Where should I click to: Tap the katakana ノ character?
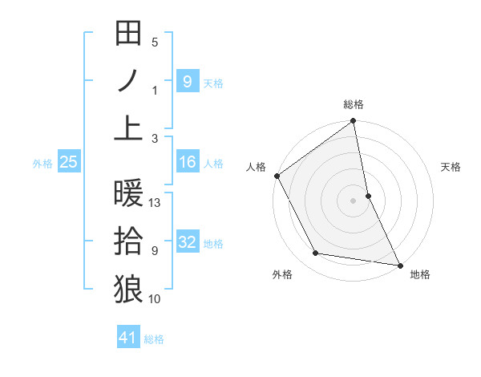point(128,80)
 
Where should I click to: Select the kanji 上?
point(128,127)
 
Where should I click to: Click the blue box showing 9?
point(187,81)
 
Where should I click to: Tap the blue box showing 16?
point(187,163)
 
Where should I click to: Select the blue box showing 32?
point(187,242)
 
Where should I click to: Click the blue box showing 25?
point(68,163)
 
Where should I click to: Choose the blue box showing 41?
point(129,338)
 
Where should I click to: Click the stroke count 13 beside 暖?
point(156,203)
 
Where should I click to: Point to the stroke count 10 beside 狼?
point(155,299)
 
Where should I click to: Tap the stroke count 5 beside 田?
point(155,43)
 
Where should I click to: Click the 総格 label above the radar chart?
point(354,104)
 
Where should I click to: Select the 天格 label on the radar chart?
point(451,167)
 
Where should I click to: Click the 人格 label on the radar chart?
point(256,167)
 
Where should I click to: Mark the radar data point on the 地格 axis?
point(398,264)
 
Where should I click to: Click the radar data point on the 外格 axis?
point(316,253)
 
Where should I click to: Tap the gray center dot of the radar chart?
point(353,200)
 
